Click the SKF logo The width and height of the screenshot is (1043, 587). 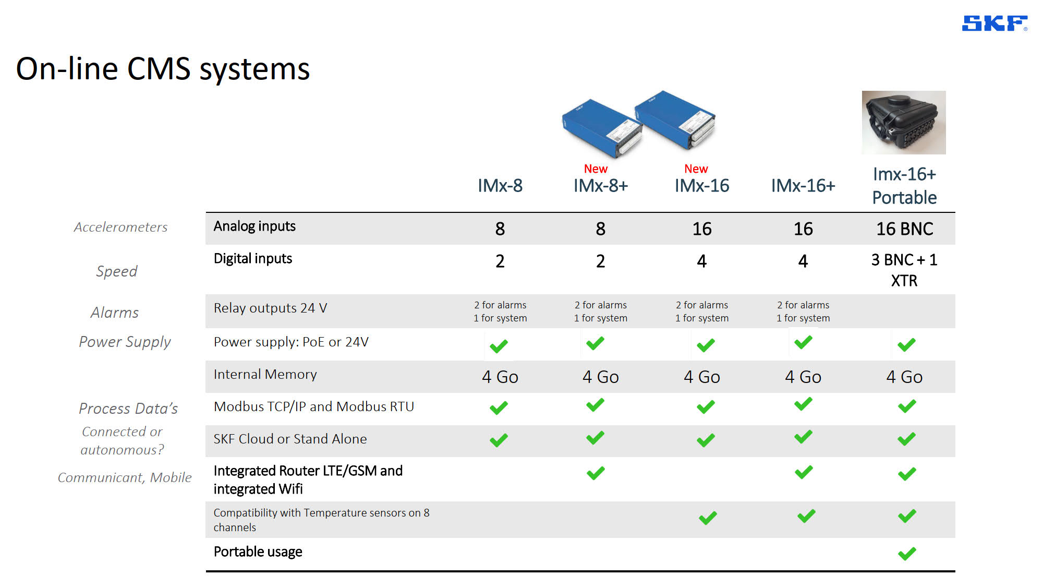(994, 23)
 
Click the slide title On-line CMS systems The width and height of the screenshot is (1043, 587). (163, 69)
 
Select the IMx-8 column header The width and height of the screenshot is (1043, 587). (500, 186)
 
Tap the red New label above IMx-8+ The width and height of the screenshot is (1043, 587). (596, 169)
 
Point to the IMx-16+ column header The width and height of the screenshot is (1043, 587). (803, 186)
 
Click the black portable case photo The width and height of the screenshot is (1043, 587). (904, 123)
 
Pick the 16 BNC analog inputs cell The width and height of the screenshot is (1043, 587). (905, 229)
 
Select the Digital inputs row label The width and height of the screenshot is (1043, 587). (253, 259)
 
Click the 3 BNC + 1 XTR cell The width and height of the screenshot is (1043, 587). (904, 270)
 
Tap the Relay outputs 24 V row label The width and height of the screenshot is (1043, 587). (270, 308)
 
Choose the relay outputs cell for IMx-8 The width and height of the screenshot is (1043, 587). (500, 312)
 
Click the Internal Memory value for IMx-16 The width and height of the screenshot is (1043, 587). (702, 377)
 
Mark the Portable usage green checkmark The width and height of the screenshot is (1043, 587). (907, 554)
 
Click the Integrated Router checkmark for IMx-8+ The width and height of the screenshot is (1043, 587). (596, 473)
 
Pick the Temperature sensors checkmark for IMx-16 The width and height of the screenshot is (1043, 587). (708, 518)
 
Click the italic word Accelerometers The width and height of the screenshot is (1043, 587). (120, 227)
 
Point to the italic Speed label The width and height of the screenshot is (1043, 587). (117, 271)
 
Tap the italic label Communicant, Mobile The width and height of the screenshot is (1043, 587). (125, 478)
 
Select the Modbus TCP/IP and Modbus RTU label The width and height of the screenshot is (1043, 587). (314, 407)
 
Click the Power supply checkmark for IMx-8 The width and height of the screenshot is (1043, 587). (499, 346)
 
